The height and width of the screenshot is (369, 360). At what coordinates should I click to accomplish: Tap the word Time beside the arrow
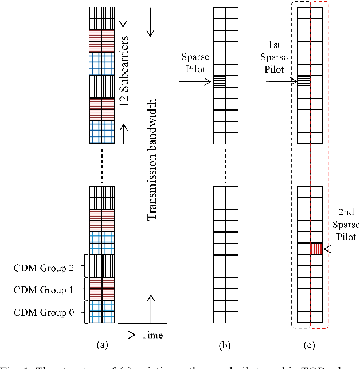point(152,335)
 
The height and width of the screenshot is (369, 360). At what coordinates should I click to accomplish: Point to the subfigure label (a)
point(102,346)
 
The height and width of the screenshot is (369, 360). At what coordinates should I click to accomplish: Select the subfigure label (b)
point(225,346)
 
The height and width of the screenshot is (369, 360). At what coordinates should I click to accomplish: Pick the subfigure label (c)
point(310,346)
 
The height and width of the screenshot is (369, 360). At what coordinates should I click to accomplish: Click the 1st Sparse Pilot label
point(280,57)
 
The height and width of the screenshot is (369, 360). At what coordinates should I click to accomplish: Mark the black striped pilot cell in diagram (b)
point(219,81)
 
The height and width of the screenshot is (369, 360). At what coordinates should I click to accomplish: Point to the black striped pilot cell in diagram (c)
point(303,81)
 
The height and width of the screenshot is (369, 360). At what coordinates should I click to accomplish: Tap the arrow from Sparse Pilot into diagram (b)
point(195,82)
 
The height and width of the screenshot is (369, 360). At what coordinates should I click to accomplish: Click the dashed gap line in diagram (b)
point(225,162)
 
